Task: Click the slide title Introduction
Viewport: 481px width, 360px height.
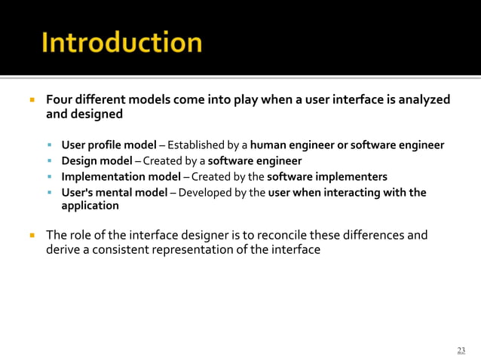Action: pos(121,42)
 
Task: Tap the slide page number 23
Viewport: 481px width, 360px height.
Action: pos(461,350)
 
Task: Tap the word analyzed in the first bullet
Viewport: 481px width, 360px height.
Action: pos(425,99)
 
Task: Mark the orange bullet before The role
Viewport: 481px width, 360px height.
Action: pos(33,235)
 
